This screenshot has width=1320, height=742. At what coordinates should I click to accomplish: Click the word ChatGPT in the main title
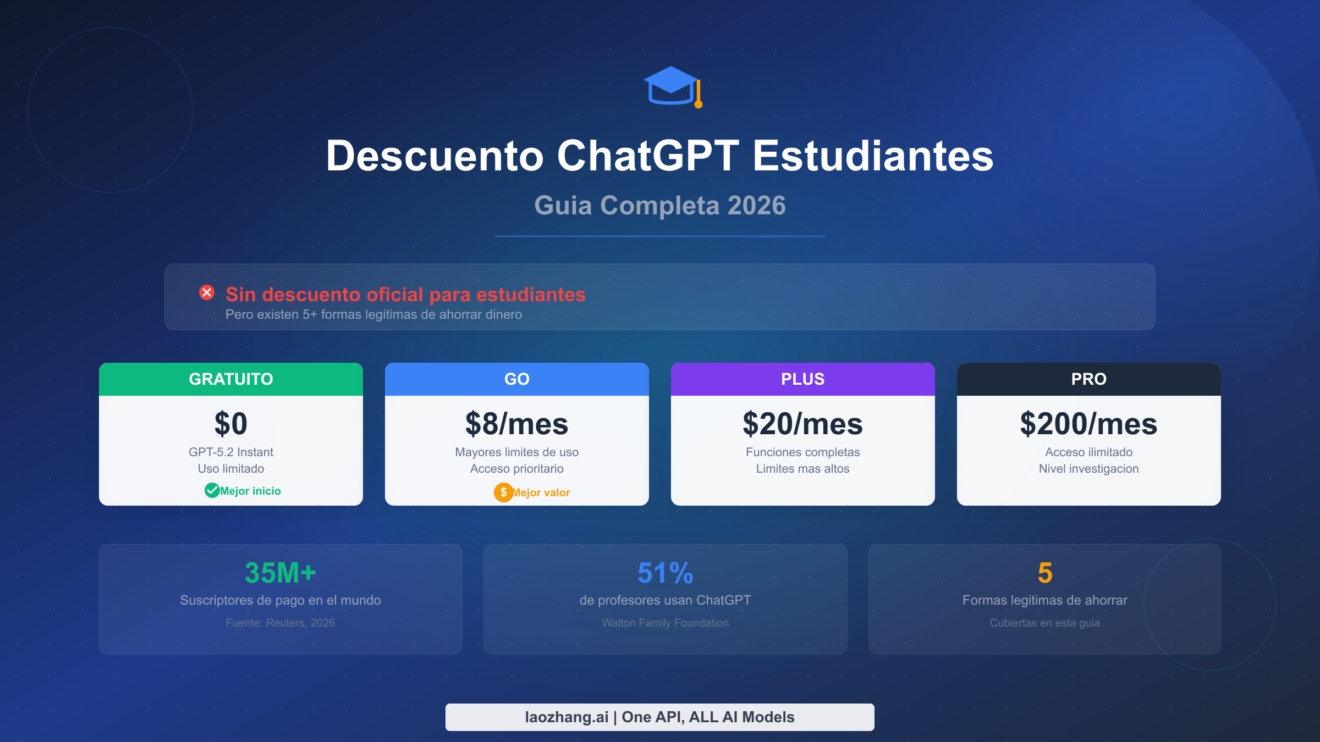648,156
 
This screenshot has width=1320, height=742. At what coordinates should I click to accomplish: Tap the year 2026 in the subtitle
756,206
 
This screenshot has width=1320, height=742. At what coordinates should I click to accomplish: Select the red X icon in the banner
207,292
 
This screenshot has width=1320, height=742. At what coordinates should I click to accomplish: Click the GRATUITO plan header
231,379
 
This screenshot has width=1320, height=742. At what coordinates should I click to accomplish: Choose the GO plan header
517,379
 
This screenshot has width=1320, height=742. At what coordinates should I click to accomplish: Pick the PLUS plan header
803,379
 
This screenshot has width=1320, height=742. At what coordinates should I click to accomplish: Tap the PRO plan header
1089,379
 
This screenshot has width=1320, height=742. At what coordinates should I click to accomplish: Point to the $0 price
231,424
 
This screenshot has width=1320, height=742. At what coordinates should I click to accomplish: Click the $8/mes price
517,424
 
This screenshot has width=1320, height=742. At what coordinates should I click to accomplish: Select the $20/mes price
803,424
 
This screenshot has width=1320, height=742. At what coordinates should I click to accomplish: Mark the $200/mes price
1089,424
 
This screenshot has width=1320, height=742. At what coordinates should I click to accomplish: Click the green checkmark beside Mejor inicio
212,490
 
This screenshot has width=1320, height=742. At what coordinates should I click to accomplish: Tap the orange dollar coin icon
503,492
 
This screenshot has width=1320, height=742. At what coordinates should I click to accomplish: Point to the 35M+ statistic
280,573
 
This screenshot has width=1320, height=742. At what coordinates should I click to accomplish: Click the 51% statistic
665,573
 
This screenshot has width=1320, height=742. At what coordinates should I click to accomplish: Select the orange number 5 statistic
1045,573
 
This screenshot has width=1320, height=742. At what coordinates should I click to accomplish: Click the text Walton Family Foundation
665,623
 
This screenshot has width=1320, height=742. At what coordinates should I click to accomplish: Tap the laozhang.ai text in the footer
567,717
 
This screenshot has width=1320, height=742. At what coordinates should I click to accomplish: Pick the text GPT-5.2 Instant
231,452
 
